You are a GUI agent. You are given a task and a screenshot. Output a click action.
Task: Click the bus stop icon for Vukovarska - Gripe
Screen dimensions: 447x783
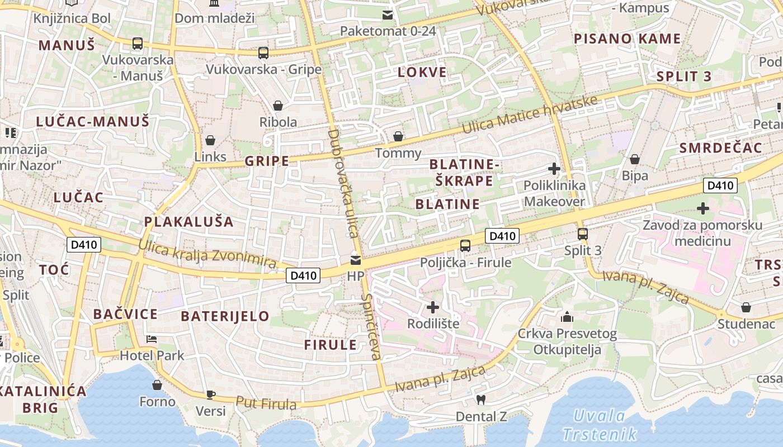click(x=263, y=53)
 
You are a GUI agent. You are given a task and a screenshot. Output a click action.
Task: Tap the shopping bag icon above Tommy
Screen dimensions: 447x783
click(x=398, y=136)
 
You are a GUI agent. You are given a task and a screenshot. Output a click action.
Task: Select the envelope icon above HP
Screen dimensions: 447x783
click(x=356, y=260)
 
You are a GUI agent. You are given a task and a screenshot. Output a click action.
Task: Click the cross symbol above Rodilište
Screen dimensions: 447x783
click(x=433, y=307)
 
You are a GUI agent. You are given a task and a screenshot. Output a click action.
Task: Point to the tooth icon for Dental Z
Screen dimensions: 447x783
click(x=480, y=400)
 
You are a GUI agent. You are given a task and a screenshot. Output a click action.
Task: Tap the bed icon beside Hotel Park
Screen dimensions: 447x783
click(x=152, y=339)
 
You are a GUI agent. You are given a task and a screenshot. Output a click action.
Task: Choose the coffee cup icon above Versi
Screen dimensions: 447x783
click(x=211, y=394)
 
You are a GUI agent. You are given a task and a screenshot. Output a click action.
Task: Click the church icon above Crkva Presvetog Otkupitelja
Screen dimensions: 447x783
click(x=567, y=317)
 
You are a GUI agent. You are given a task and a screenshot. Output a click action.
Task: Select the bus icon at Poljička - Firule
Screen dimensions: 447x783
click(x=465, y=245)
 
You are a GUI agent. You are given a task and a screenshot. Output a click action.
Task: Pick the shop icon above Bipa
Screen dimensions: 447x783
click(x=635, y=160)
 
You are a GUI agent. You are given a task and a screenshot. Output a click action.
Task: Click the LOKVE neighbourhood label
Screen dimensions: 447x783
click(x=422, y=72)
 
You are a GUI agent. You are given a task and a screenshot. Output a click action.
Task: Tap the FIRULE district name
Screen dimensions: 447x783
click(x=330, y=345)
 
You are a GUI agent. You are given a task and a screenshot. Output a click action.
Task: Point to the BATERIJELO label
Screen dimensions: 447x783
click(x=225, y=316)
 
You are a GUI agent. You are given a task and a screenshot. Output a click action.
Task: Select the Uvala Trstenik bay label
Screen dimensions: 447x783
click(x=600, y=425)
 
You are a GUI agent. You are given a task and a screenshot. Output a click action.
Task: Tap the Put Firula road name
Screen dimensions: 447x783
click(x=266, y=403)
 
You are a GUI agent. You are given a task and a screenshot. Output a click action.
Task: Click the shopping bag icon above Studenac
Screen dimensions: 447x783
click(x=746, y=307)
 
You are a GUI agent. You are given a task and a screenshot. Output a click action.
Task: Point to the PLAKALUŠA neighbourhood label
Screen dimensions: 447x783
click(x=188, y=221)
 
